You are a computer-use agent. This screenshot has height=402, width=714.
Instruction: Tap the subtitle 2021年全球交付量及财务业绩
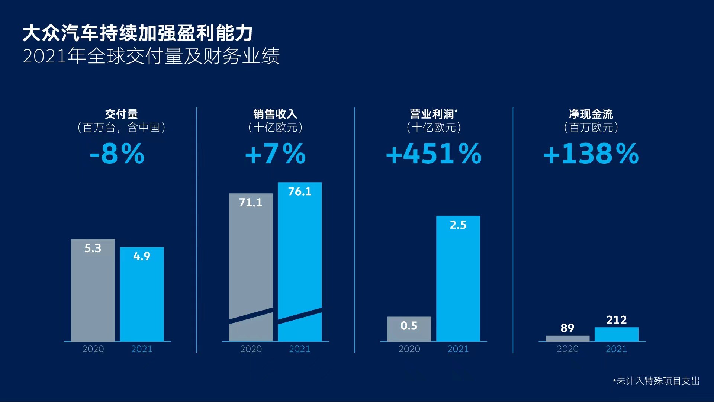coord(151,56)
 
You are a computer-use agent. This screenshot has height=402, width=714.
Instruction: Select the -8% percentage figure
coord(117,154)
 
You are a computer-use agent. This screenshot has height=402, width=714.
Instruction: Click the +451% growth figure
coord(434,154)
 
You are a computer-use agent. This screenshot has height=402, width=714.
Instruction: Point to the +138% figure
coord(591,154)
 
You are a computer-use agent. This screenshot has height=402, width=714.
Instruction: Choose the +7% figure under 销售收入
coord(275,154)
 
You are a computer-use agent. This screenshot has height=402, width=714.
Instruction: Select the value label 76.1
coord(300,192)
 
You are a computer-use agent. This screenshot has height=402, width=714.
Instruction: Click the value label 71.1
coord(251,203)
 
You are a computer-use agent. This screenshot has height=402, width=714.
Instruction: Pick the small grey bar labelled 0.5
coord(409,329)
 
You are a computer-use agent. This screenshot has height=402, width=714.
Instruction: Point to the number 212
coord(616,320)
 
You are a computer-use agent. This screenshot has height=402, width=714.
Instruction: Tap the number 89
coord(567,328)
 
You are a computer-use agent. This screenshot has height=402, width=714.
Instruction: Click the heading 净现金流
coord(591,114)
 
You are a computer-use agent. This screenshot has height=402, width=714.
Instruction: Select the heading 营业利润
coord(432,114)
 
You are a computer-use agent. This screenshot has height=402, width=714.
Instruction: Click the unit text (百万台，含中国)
coord(121,128)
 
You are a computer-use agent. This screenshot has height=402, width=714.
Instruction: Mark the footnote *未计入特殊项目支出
coord(656,381)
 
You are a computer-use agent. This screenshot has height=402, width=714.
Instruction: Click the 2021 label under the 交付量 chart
coord(142,349)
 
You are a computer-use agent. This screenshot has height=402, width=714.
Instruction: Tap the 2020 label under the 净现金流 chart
coord(567,349)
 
